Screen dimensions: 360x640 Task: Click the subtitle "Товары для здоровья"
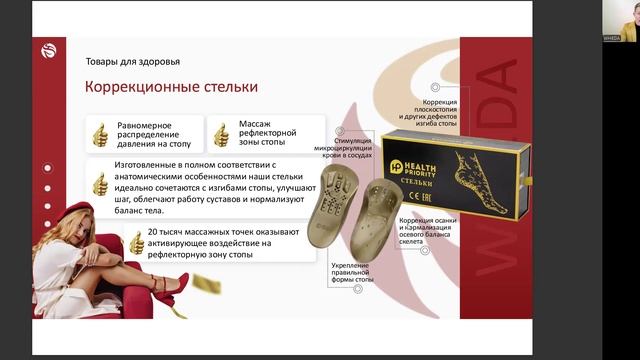coord(132,61)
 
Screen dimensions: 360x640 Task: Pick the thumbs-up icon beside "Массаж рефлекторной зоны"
coord(221,132)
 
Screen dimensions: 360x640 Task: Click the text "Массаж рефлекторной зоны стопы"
coord(267,132)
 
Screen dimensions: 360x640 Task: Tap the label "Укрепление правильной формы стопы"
coord(351,272)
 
